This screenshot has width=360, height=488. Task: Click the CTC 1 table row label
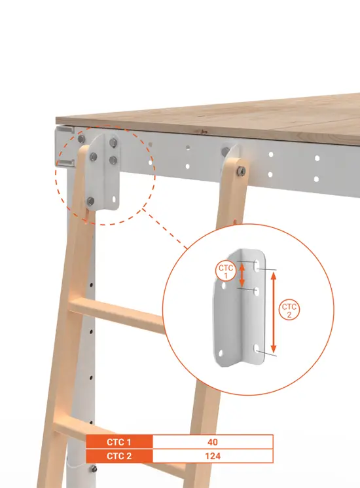click(x=119, y=442)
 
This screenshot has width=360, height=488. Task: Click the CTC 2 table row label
click(x=119, y=457)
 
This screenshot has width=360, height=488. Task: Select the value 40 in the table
click(x=213, y=442)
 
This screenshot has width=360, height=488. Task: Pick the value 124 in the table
click(x=213, y=457)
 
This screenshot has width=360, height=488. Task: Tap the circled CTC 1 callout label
click(x=226, y=272)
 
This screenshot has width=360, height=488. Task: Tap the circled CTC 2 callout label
click(x=289, y=310)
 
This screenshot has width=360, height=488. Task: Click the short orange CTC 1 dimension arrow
click(x=242, y=274)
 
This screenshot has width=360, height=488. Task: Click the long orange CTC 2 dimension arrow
click(x=273, y=312)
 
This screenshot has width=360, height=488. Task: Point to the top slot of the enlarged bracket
click(x=257, y=266)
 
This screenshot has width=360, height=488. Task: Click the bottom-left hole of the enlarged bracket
click(x=221, y=353)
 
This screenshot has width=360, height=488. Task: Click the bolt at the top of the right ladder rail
click(x=241, y=170)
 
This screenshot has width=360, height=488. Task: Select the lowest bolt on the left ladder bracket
click(x=90, y=200)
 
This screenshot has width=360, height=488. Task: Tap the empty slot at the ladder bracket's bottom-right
click(x=115, y=198)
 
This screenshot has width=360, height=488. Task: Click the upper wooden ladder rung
click(x=117, y=315)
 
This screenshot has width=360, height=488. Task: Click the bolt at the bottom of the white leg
click(x=94, y=469)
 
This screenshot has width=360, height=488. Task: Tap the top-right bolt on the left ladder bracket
click(x=113, y=143)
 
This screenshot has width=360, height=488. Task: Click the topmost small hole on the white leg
click(x=91, y=284)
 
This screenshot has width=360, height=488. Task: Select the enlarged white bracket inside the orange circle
click(x=240, y=307)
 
